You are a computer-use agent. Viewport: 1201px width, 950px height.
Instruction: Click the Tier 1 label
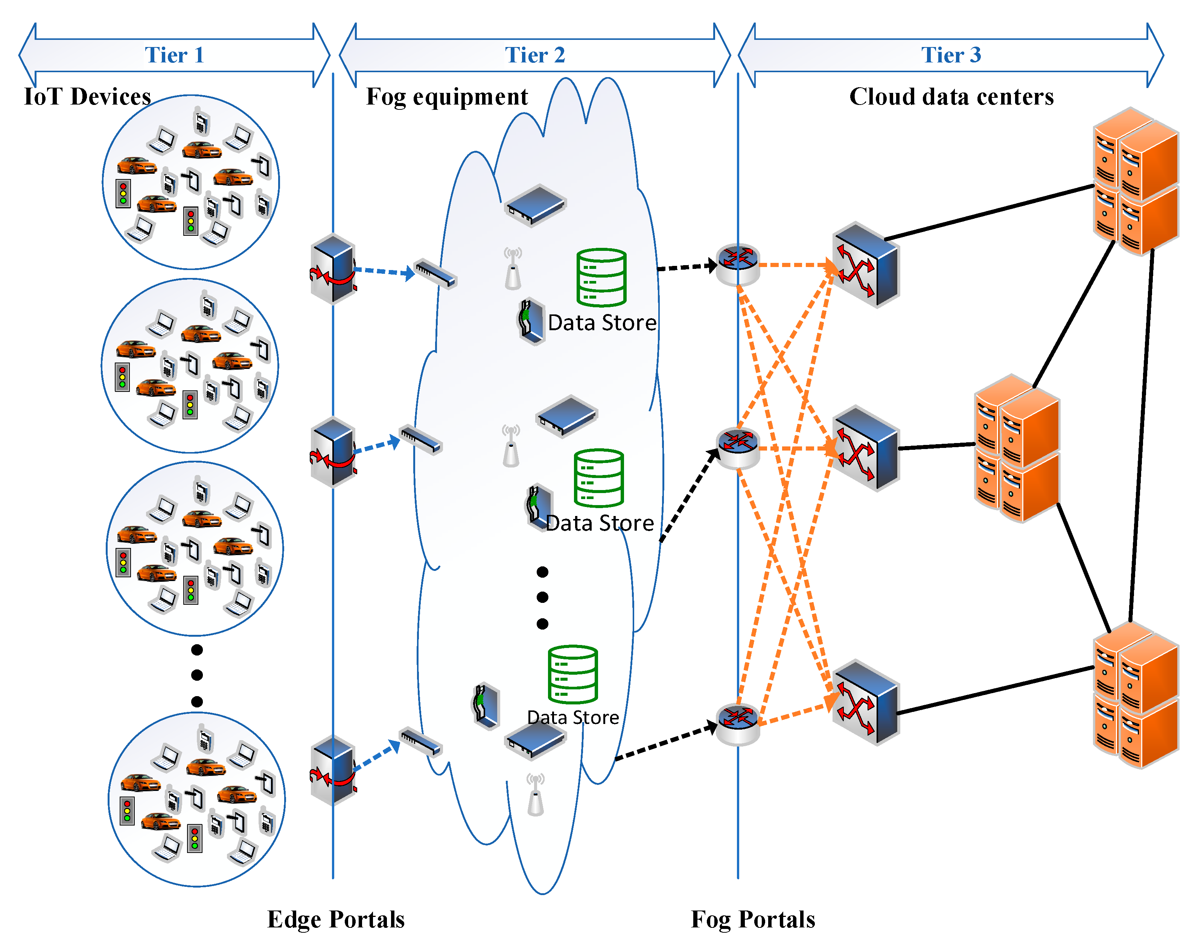tap(174, 55)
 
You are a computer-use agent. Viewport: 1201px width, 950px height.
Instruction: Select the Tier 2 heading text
tap(534, 55)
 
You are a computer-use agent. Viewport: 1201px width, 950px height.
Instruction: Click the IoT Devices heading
tap(87, 97)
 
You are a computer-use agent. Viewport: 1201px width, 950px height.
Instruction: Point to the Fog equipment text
tap(446, 97)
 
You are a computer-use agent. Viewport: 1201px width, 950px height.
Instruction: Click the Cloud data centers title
tap(951, 97)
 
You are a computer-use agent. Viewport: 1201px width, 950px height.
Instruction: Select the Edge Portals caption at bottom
tap(336, 920)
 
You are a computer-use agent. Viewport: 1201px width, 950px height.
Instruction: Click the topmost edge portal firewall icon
tap(333, 269)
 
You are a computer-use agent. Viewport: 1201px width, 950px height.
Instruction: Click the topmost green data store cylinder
tap(601, 277)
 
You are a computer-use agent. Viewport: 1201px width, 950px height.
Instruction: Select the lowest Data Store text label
tap(573, 718)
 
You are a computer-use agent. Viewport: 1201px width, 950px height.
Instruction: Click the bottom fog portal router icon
tap(737, 723)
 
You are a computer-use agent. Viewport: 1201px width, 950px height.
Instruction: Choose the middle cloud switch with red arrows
tap(865, 448)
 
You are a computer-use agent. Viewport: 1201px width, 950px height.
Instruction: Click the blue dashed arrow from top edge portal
tap(384, 272)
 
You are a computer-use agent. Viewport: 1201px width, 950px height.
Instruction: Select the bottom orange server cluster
tap(1136, 695)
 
